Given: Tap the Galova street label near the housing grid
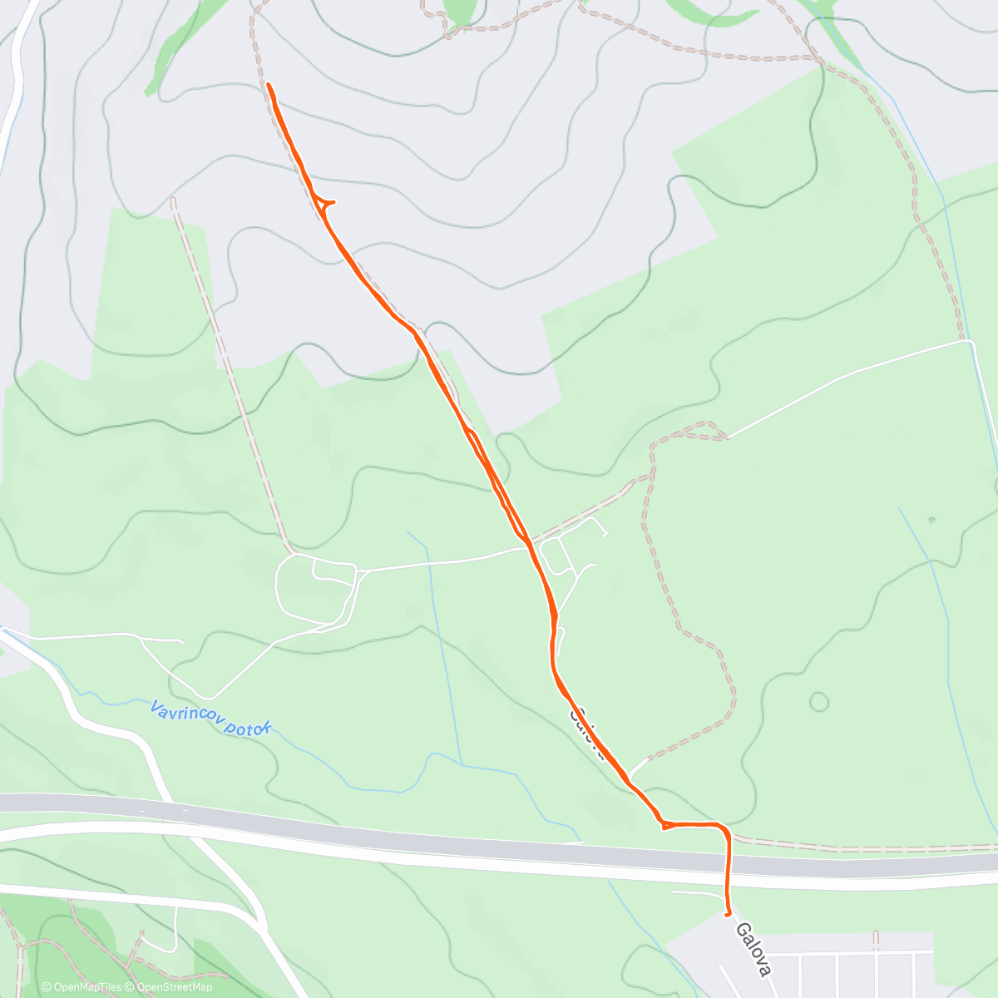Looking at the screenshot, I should (x=753, y=947).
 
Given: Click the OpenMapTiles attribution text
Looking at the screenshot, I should (x=81, y=987).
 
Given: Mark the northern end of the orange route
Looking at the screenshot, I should (x=269, y=85).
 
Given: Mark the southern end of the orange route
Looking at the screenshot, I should (x=729, y=913).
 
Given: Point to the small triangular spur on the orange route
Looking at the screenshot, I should (x=324, y=202).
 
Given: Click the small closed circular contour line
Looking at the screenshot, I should (x=819, y=702).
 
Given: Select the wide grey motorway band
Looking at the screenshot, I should (x=499, y=836).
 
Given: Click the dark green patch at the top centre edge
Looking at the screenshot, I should (x=461, y=11).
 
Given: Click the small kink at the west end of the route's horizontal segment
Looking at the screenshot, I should (x=665, y=826).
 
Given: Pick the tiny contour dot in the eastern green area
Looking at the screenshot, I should (x=932, y=520).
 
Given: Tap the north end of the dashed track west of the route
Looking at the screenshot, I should (x=174, y=200).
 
